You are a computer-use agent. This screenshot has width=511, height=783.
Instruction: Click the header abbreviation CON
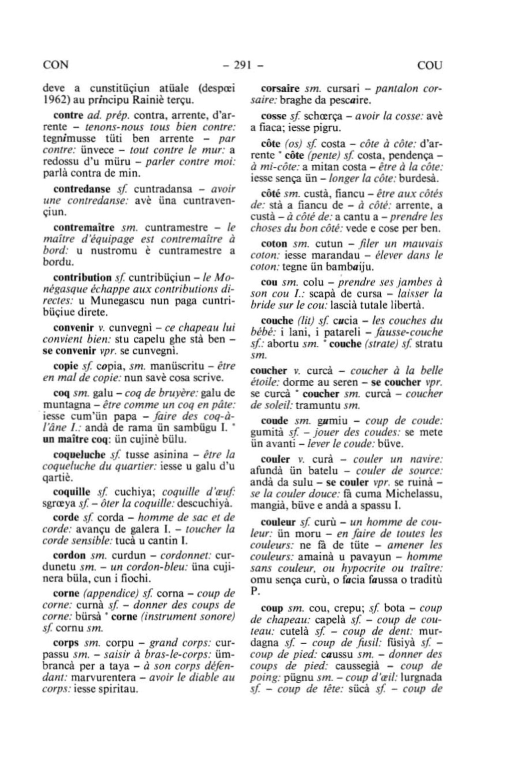(x=56, y=65)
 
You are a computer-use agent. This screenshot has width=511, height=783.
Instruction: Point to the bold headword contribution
(x=82, y=277)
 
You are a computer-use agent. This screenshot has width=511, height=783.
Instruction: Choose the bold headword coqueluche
(x=79, y=454)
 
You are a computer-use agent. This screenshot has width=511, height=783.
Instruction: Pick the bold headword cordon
(x=69, y=555)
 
